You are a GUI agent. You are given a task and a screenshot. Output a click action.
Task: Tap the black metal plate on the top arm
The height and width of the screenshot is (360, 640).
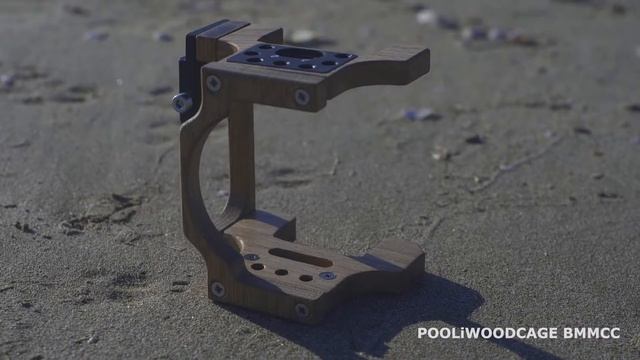click(x=290, y=58)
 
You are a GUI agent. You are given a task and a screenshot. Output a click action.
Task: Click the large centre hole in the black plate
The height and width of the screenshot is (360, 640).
click(x=297, y=53)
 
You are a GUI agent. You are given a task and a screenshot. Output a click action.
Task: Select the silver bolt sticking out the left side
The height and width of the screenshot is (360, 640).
click(x=182, y=101)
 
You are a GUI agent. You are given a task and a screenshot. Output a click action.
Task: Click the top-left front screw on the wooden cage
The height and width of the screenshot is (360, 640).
click(x=213, y=84)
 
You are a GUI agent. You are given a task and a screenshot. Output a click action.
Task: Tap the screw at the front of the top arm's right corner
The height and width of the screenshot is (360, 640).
click(x=301, y=97)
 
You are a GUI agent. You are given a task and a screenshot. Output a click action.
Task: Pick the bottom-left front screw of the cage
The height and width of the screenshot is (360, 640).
click(x=217, y=289)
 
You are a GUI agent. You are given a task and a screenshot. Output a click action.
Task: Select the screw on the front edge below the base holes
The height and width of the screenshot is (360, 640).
click(x=301, y=309)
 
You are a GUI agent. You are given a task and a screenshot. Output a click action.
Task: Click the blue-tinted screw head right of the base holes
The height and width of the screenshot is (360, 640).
click(x=327, y=275)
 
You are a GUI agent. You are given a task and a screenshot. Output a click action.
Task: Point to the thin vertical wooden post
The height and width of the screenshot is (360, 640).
click(x=241, y=160)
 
